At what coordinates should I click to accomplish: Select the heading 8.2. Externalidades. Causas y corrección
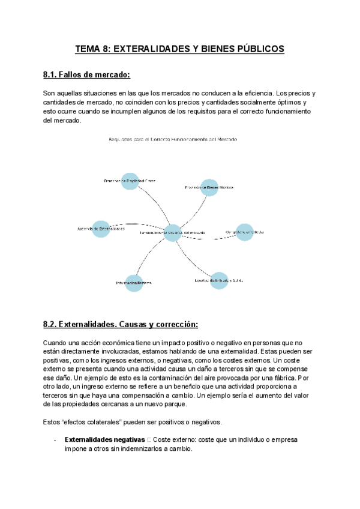120,324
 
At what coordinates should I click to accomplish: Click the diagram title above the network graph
173,139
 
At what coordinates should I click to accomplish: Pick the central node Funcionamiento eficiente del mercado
172,232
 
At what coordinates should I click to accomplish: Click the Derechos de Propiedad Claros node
130,180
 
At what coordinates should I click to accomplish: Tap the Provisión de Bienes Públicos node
209,187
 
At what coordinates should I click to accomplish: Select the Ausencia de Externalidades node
101,229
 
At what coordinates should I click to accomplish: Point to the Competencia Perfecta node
244,232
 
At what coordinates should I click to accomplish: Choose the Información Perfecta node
134,282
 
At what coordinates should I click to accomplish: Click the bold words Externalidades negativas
104,439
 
